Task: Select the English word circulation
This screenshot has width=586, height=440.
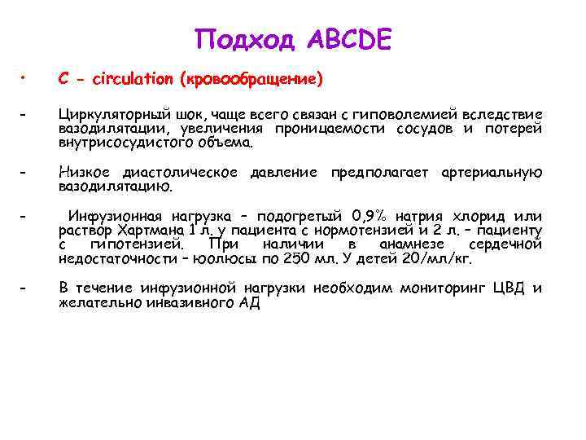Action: (133, 79)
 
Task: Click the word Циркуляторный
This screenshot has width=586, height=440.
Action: (104, 115)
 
